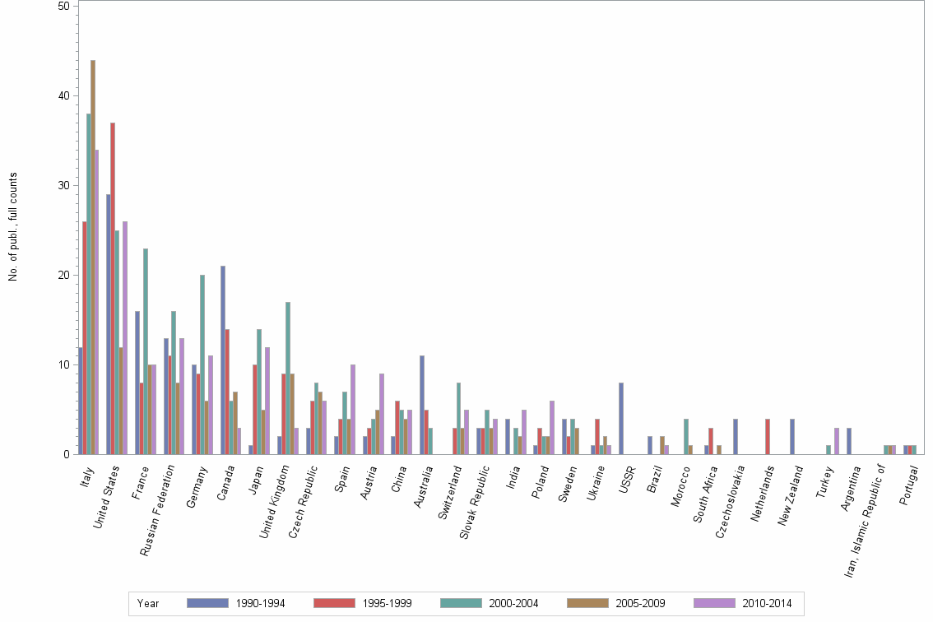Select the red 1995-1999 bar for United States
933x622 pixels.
(113, 288)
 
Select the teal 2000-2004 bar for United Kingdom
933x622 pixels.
(288, 378)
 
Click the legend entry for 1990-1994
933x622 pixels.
(235, 603)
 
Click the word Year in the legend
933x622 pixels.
(149, 603)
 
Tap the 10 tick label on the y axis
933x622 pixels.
(64, 364)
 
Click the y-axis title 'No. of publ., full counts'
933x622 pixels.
(13, 227)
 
